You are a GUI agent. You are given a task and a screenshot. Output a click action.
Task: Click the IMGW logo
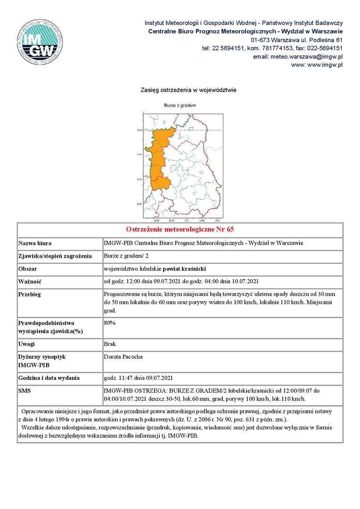pos(40,40)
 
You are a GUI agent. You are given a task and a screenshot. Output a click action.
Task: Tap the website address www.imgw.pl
pos(317,65)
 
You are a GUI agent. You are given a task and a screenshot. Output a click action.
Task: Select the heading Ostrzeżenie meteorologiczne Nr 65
pos(180,230)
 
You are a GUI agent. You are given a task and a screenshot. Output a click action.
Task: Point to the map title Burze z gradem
pos(180,105)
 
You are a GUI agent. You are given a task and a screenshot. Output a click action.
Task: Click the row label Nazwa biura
pos(35,244)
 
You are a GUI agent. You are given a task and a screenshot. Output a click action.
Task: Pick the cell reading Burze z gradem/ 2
pos(127,256)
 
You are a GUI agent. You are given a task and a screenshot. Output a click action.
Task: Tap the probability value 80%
pos(110,323)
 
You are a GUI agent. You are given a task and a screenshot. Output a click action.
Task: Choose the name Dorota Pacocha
pos(123,357)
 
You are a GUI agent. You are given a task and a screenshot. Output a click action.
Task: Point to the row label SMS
pos(24,391)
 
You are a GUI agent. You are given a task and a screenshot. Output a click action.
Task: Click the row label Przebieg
pos(30,294)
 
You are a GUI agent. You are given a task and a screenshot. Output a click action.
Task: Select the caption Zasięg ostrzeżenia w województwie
pos(188,90)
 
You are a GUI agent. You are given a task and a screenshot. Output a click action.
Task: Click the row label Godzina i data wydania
pos(49,378)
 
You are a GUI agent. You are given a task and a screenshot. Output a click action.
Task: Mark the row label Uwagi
pos(27,344)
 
